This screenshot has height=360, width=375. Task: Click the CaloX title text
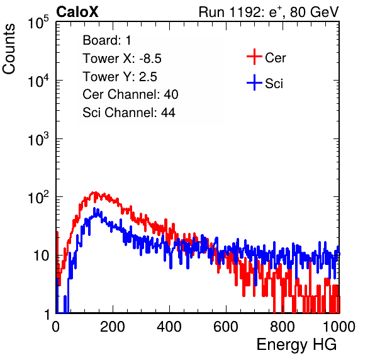[x=77, y=12]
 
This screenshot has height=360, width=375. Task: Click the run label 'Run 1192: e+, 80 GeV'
[x=269, y=12]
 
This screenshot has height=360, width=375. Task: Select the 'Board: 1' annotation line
[x=107, y=40]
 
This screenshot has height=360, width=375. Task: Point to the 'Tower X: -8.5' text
[x=122, y=59]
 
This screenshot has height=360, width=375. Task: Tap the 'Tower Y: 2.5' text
[x=120, y=77]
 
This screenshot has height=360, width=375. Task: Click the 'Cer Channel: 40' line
[x=130, y=94]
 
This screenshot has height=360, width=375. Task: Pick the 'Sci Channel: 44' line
[x=129, y=113]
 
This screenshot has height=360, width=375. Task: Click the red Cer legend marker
[x=254, y=57]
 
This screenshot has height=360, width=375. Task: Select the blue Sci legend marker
[x=254, y=82]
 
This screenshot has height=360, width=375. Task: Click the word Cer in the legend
[x=276, y=58]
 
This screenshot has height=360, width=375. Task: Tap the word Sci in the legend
[x=274, y=84]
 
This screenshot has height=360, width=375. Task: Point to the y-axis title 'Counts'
[x=9, y=49]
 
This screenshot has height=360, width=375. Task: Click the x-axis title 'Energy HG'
[x=297, y=344]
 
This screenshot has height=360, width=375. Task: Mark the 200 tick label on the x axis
[x=113, y=327]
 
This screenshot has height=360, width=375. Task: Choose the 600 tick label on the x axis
[x=226, y=327]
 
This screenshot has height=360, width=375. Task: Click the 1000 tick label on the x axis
[x=339, y=327]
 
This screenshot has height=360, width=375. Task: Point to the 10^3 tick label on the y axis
[x=38, y=138]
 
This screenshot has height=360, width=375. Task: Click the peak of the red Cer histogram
[x=96, y=192]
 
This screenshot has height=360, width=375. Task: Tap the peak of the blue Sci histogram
[x=94, y=208]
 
